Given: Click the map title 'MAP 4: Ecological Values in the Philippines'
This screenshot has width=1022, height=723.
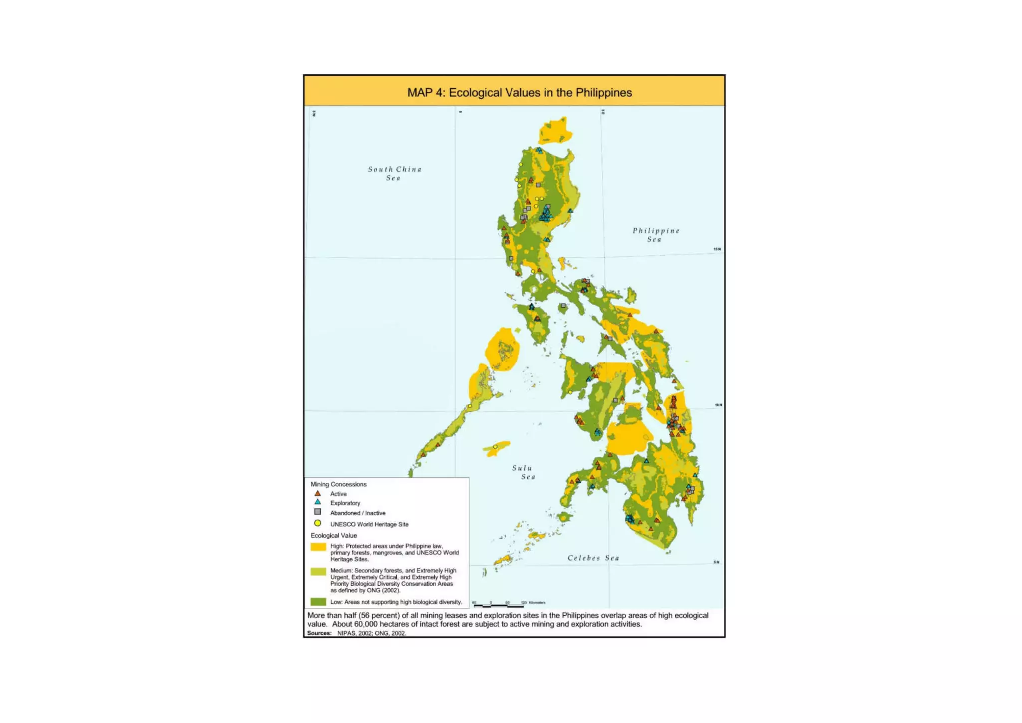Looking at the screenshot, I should (x=519, y=93).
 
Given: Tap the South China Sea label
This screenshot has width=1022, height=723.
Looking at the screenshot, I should (x=394, y=173).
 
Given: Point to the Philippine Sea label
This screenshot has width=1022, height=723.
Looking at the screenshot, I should (x=656, y=235).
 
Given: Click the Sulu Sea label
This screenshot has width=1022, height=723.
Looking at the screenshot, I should (x=523, y=472).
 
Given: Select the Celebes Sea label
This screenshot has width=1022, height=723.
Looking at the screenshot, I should (x=593, y=558).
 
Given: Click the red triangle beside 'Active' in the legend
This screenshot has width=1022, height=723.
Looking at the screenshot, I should (x=317, y=493).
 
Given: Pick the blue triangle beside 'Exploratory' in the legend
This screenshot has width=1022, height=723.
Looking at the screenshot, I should (x=317, y=502).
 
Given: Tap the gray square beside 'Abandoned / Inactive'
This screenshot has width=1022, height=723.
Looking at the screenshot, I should (x=317, y=512).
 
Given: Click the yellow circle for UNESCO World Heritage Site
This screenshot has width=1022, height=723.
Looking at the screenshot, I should (x=317, y=523).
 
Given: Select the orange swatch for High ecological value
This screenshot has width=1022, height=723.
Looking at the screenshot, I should (x=318, y=547).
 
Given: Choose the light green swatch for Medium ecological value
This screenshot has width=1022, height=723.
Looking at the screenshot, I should (x=318, y=572).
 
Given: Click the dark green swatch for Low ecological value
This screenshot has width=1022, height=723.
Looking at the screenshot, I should (x=318, y=602).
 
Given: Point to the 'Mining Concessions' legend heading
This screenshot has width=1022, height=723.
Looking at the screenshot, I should (x=338, y=484).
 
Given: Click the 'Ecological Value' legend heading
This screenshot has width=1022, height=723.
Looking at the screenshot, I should (x=334, y=535).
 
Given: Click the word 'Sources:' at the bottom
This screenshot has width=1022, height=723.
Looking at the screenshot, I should (x=319, y=633).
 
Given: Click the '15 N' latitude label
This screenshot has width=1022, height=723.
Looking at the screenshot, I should (x=717, y=249).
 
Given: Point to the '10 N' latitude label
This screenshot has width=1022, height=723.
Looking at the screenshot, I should (x=718, y=405).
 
